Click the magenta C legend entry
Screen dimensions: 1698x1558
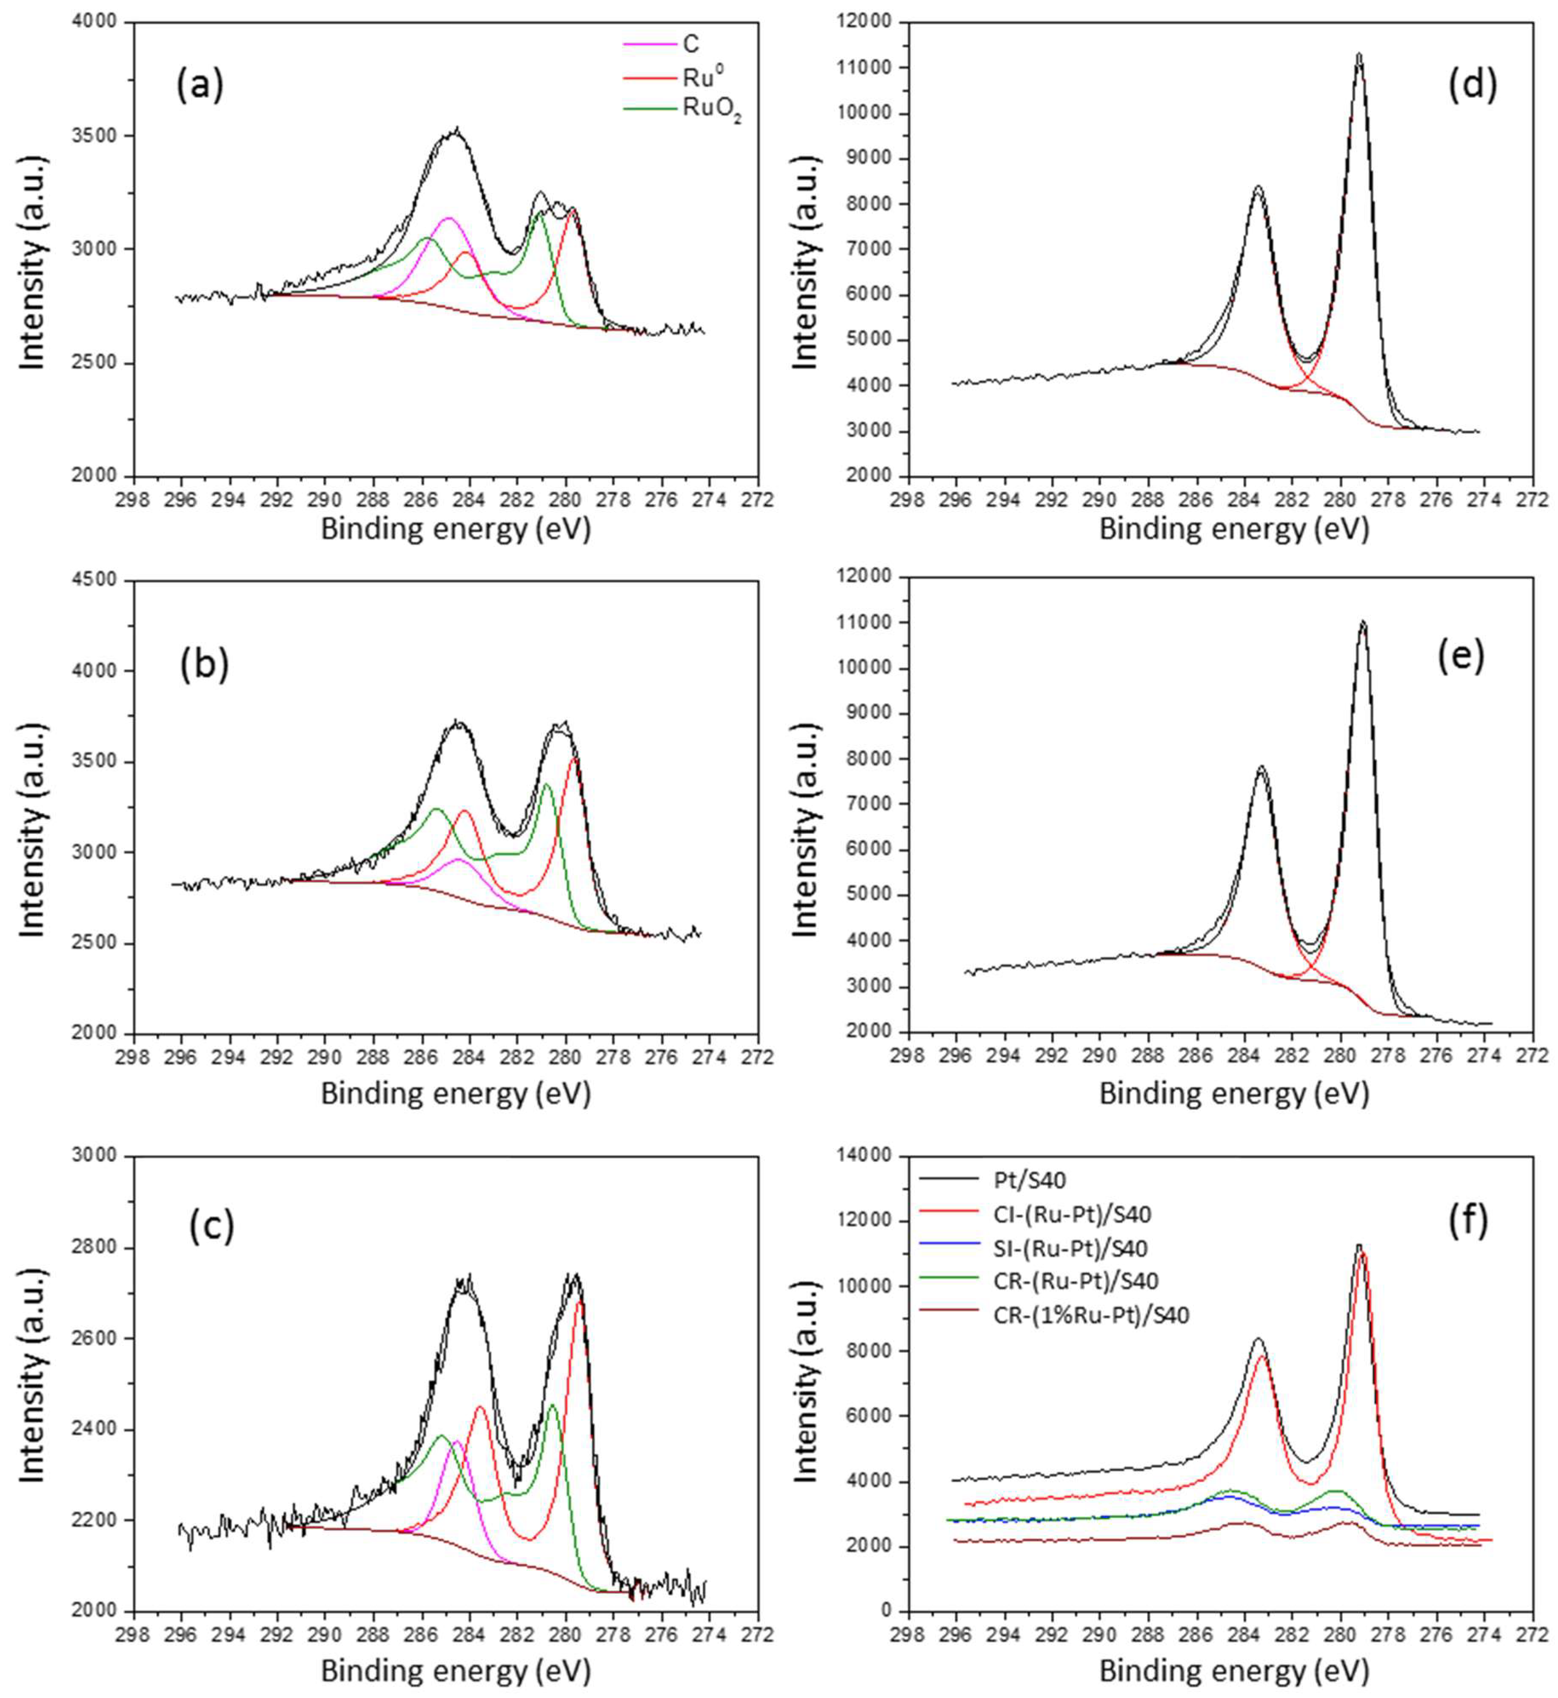click(x=691, y=44)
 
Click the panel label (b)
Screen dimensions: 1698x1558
click(x=204, y=665)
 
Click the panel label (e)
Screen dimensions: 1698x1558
click(x=1460, y=657)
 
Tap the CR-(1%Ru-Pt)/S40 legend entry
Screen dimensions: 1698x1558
click(x=1092, y=1315)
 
